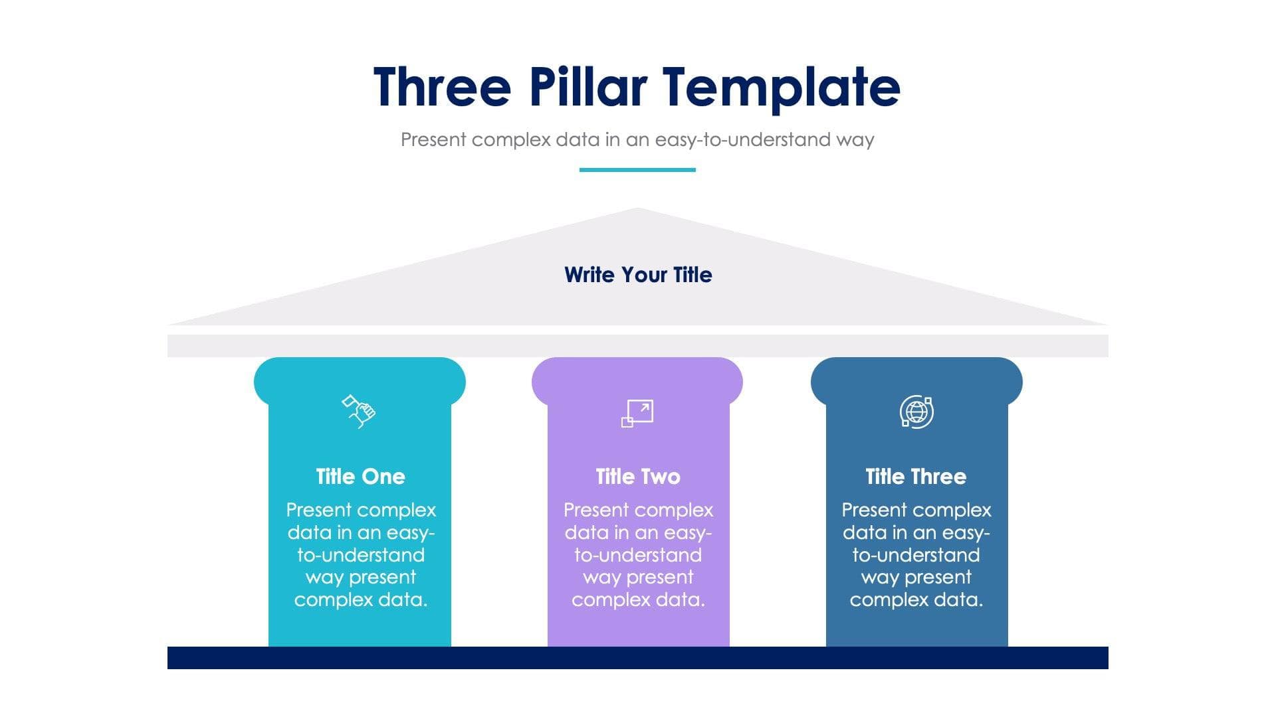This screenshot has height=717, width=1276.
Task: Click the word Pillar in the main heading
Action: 587,87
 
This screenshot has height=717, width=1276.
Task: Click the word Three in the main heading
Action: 442,87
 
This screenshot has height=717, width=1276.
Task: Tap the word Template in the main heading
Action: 781,87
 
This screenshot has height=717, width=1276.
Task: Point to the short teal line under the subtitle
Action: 637,170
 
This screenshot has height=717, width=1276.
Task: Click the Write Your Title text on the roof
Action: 638,275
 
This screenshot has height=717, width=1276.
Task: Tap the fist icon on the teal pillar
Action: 359,411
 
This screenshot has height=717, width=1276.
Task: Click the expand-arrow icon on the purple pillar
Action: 637,413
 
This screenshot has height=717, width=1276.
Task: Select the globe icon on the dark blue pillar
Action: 916,412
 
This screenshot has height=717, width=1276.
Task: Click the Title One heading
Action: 360,477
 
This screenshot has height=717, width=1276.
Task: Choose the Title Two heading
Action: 638,477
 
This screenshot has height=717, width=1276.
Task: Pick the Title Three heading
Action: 916,477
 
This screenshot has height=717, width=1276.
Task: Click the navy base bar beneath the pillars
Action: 637,658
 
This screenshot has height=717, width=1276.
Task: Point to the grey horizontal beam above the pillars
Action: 637,346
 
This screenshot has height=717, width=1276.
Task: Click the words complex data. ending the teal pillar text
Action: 360,600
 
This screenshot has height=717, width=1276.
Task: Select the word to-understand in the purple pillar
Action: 638,555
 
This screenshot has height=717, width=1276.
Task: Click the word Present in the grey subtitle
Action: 433,139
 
